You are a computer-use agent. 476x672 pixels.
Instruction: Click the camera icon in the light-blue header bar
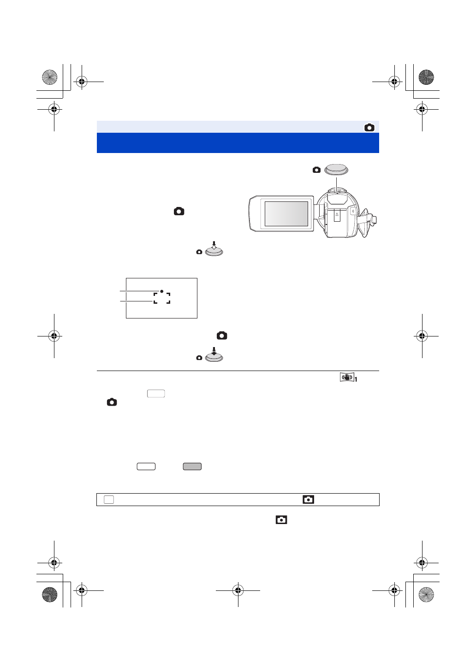tap(369, 128)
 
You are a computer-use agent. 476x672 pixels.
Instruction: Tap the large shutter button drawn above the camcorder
tap(337, 170)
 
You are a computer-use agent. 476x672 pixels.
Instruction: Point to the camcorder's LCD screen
tap(286, 214)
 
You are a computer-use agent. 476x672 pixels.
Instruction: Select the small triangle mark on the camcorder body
tap(337, 215)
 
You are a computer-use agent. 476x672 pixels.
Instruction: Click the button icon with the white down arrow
tap(214, 250)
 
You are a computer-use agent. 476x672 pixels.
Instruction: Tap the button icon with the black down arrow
tap(214, 357)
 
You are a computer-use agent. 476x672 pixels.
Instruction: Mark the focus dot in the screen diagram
tap(162, 291)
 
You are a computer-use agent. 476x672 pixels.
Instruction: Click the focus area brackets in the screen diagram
tap(162, 298)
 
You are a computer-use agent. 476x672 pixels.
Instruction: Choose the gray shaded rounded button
tap(192, 466)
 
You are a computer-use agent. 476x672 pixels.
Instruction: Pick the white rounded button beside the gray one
tap(146, 466)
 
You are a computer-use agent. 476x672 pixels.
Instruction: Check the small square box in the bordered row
tap(108, 500)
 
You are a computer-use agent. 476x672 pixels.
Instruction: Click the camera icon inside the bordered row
tap(308, 499)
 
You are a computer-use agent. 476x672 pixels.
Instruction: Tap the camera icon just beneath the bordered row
tap(281, 519)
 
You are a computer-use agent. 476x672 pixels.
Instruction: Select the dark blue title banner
tap(238, 143)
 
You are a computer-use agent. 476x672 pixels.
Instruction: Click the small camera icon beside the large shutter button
tap(316, 170)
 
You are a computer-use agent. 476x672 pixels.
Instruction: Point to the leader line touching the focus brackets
tap(137, 301)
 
